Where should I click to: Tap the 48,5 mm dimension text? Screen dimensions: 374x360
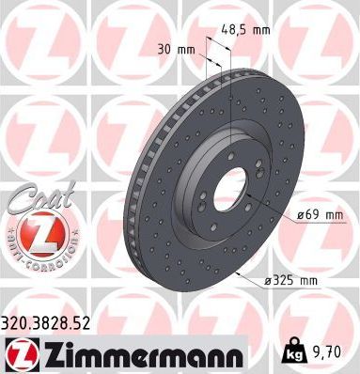click(x=245, y=29)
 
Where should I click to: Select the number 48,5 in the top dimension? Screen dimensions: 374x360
click(x=235, y=29)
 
